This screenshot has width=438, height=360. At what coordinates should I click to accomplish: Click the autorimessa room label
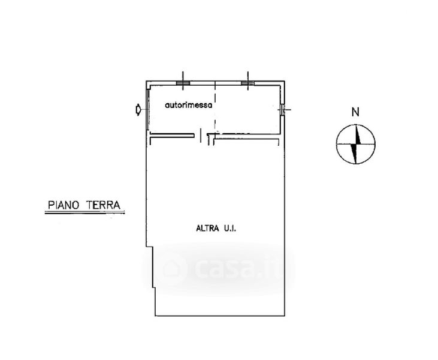pyautogui.click(x=189, y=106)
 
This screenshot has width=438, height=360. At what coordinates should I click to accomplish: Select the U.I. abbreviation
pyautogui.click(x=229, y=229)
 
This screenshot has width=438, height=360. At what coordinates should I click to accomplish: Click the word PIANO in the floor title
pyautogui.click(x=64, y=205)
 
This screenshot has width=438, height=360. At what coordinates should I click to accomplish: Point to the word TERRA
pyautogui.click(x=103, y=205)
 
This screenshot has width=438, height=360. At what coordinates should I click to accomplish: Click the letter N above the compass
pyautogui.click(x=355, y=112)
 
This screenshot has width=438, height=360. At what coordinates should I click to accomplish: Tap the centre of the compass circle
pyautogui.click(x=355, y=144)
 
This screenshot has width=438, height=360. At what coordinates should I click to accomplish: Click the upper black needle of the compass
pyautogui.click(x=358, y=135)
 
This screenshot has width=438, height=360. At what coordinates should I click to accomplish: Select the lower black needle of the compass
pyautogui.click(x=354, y=153)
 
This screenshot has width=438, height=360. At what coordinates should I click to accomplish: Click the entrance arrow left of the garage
pyautogui.click(x=138, y=109)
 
